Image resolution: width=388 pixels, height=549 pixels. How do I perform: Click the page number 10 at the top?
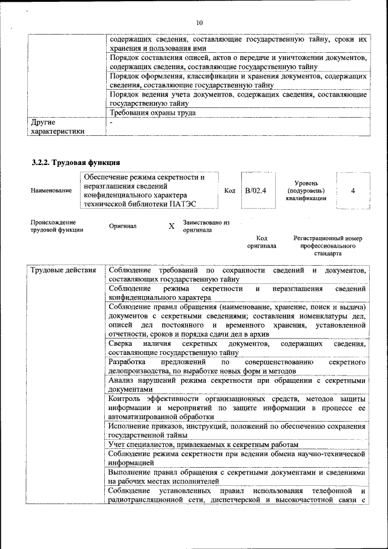(x=199, y=23)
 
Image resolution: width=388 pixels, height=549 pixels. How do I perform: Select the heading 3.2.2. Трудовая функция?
(x=76, y=163)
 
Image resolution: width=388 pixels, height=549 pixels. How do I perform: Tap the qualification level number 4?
(x=353, y=190)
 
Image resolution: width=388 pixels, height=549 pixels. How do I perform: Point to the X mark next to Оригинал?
(x=171, y=226)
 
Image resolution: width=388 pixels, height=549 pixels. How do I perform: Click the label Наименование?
(x=51, y=190)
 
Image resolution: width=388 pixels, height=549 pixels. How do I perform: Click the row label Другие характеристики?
(x=58, y=127)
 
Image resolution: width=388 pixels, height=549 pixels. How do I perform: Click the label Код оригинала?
(x=262, y=242)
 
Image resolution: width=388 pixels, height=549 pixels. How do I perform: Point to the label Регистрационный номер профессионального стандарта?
(x=327, y=246)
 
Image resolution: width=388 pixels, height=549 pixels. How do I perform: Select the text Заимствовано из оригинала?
(x=206, y=226)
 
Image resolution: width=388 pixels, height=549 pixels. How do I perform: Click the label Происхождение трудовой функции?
(x=57, y=226)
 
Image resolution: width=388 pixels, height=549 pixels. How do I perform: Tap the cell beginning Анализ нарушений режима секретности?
(x=236, y=385)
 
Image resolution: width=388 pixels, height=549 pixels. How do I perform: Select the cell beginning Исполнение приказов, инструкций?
(x=236, y=430)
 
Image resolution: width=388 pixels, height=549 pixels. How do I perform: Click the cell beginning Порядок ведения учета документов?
(x=236, y=99)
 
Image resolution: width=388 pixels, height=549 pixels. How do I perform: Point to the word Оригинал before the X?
(x=122, y=226)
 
